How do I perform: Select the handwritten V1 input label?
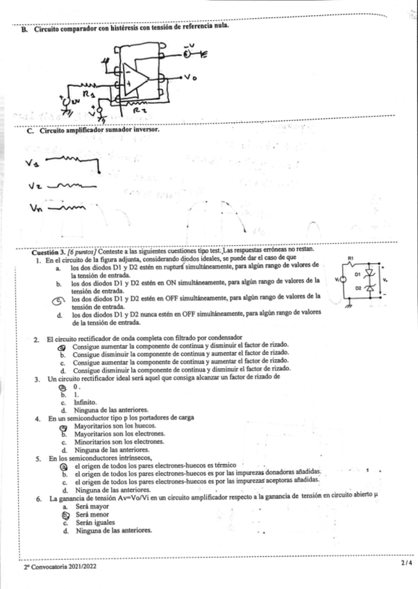pos(31,164)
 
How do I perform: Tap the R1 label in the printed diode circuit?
pos(353,256)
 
